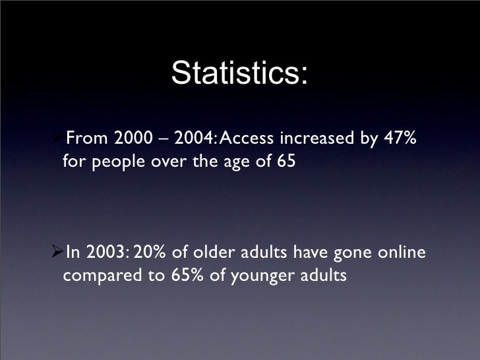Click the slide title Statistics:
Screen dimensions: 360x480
point(239,74)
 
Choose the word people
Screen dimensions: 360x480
point(119,162)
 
